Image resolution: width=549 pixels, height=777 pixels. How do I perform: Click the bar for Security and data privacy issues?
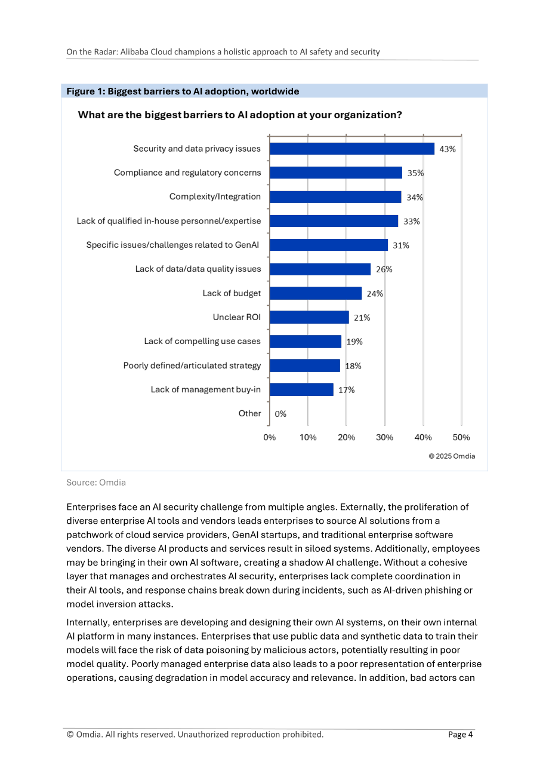coord(352,149)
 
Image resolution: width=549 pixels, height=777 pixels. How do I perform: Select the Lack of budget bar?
coord(316,293)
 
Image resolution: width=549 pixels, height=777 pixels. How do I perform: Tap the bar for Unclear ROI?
coord(309,317)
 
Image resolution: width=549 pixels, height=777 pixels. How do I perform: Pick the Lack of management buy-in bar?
coord(301,389)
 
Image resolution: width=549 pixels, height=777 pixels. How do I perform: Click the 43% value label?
coord(448,149)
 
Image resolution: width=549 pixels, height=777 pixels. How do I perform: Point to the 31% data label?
coord(400,245)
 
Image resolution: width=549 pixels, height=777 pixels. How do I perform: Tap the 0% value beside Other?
coord(280,414)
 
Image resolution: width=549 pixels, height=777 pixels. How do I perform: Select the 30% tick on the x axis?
coord(385,437)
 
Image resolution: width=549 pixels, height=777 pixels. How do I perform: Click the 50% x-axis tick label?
coord(461,437)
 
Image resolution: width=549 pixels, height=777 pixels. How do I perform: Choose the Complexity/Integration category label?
coord(215,196)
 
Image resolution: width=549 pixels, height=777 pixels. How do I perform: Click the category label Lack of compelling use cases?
coord(202,342)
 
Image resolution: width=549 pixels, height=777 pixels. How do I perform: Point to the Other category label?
coord(249,413)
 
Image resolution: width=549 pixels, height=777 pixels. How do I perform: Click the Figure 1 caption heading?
coord(183,91)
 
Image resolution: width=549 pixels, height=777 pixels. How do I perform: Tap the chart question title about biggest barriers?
coord(240,115)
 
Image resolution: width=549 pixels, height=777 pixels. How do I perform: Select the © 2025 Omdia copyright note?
coord(452,456)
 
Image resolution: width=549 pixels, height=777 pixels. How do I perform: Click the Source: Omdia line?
coord(96,483)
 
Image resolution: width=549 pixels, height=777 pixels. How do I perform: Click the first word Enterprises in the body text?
coord(91,507)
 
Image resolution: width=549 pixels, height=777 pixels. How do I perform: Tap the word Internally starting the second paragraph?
coord(87,622)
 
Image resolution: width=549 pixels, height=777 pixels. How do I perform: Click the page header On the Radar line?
coord(223,52)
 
